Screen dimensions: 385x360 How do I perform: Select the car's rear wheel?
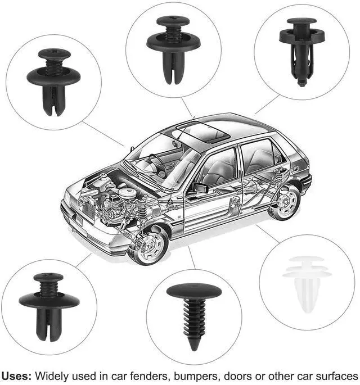coord(285,202)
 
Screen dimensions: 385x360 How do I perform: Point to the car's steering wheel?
coord(158,163)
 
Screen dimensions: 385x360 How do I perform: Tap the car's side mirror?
coord(200,188)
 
